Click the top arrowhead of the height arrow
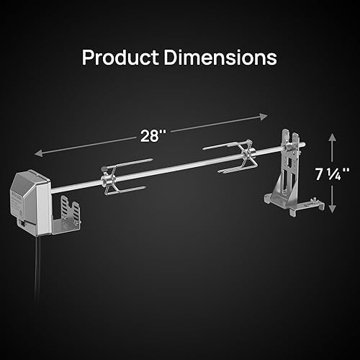332,136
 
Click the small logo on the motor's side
17,193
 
